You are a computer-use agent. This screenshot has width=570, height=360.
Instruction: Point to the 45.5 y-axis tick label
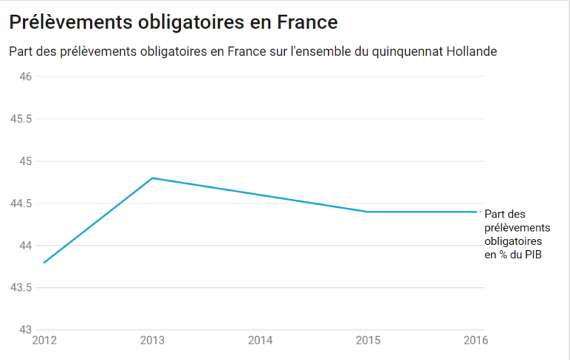coord(20,119)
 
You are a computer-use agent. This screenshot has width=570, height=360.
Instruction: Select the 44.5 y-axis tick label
coord(20,203)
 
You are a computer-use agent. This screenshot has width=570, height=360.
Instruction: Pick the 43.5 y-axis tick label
coord(20,287)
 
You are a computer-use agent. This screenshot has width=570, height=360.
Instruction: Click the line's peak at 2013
coord(152,178)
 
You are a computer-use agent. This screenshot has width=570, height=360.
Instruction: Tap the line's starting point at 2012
coord(45,262)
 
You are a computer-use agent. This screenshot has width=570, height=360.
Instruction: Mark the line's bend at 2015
coord(368,212)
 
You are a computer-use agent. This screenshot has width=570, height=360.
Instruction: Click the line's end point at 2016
coord(476,212)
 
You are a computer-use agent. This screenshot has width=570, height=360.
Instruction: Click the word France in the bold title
coord(307,22)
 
